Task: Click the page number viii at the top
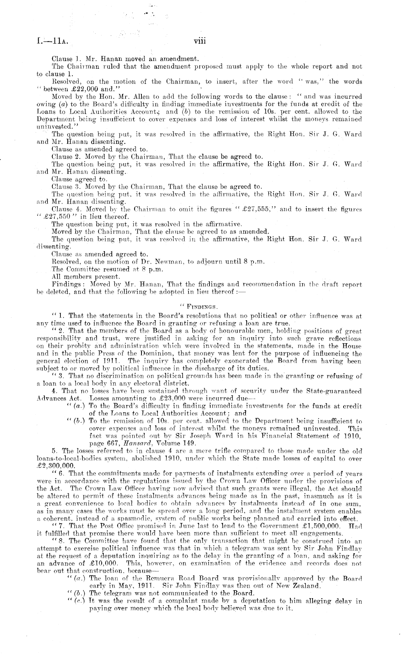200,41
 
